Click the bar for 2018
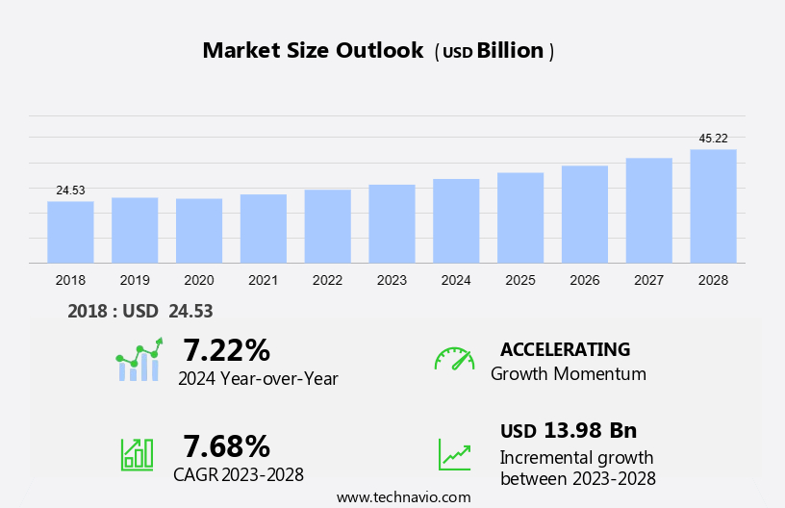[x=70, y=232]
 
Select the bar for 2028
[x=713, y=206]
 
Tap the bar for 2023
[x=392, y=223]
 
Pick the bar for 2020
[x=199, y=231]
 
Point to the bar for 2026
[x=585, y=215]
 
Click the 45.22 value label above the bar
[x=713, y=139]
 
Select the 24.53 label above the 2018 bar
[x=70, y=190]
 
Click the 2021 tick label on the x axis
[x=263, y=280]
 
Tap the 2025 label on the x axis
[x=520, y=280]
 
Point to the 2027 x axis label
[x=648, y=280]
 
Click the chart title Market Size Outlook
[x=313, y=51]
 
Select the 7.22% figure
[x=227, y=349]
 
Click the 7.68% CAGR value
[x=227, y=445]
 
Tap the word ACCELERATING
[x=565, y=349]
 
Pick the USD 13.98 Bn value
[x=569, y=430]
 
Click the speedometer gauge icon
[x=454, y=359]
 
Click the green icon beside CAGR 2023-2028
[x=137, y=453]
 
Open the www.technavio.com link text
[x=404, y=497]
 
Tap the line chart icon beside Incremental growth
[x=454, y=454]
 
